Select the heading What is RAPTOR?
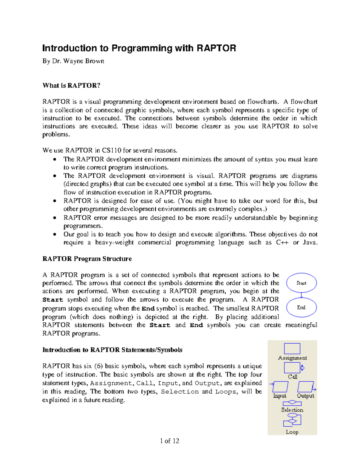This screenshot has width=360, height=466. [71, 86]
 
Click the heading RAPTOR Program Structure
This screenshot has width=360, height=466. [87, 259]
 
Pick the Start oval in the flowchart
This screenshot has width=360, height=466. [301, 283]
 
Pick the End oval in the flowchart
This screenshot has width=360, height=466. [301, 308]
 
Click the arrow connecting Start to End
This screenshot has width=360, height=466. [301, 295]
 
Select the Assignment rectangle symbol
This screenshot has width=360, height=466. [292, 349]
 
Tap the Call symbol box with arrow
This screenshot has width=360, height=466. [293, 368]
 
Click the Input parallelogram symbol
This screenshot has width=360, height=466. [280, 386]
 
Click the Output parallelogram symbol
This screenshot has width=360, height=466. [306, 386]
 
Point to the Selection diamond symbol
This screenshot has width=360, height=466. [292, 403]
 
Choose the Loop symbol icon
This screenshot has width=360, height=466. [292, 420]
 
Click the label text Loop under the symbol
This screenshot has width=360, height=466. [292, 432]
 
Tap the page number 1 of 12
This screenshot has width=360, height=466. [169, 441]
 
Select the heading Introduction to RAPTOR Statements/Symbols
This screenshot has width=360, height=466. [112, 350]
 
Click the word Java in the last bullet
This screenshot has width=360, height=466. [310, 242]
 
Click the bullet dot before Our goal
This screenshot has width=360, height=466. [54, 234]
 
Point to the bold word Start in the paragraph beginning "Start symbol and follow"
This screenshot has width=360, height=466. [53, 300]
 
